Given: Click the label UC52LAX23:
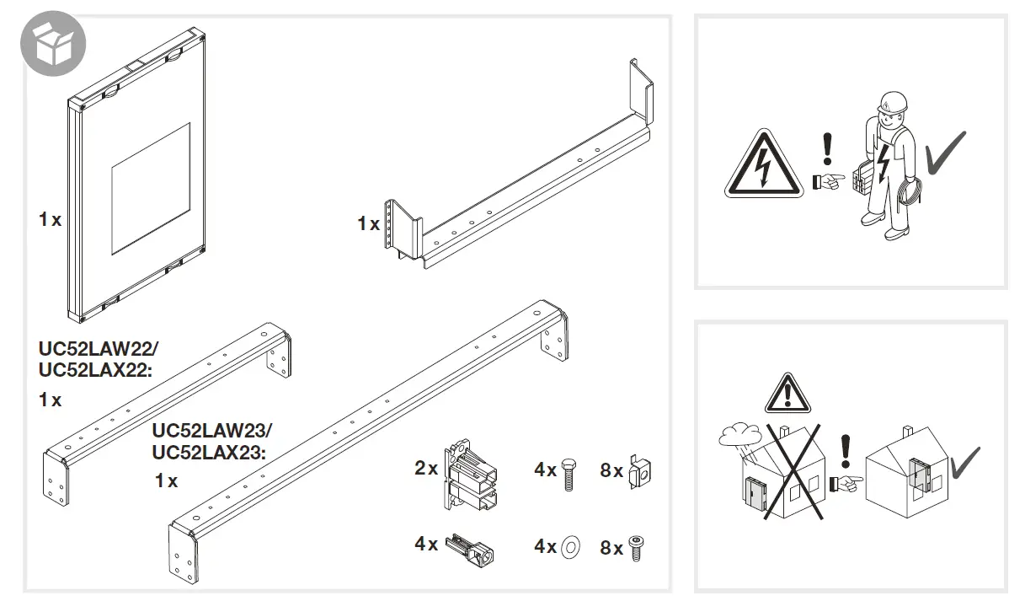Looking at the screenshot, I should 208,452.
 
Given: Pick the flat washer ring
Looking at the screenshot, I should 570,547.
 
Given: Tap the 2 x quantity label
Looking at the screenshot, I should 426,469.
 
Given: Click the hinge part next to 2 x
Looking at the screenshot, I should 470,475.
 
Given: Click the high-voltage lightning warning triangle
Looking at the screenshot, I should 761,166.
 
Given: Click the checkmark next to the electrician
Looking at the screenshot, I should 945,153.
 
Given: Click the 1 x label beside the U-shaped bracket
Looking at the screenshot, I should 368,223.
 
